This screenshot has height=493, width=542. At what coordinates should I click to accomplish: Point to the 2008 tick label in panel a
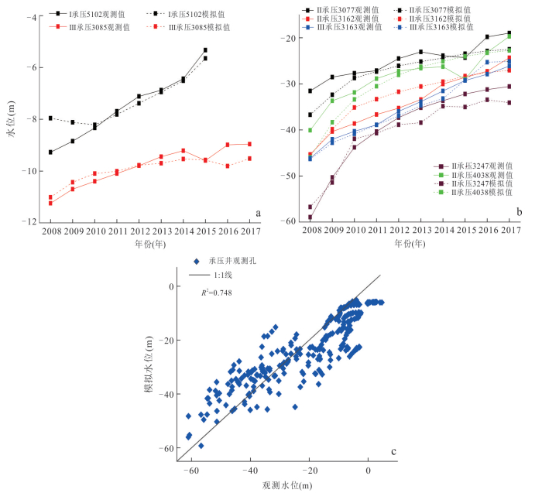coord(51,231)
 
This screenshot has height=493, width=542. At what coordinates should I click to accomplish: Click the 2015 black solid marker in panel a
coord(205,50)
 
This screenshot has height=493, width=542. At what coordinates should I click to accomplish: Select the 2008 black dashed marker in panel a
coord(51,118)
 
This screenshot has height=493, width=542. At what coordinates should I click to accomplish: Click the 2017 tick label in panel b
coord(509,231)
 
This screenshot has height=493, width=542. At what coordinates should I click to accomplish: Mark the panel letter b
coord(520,212)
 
